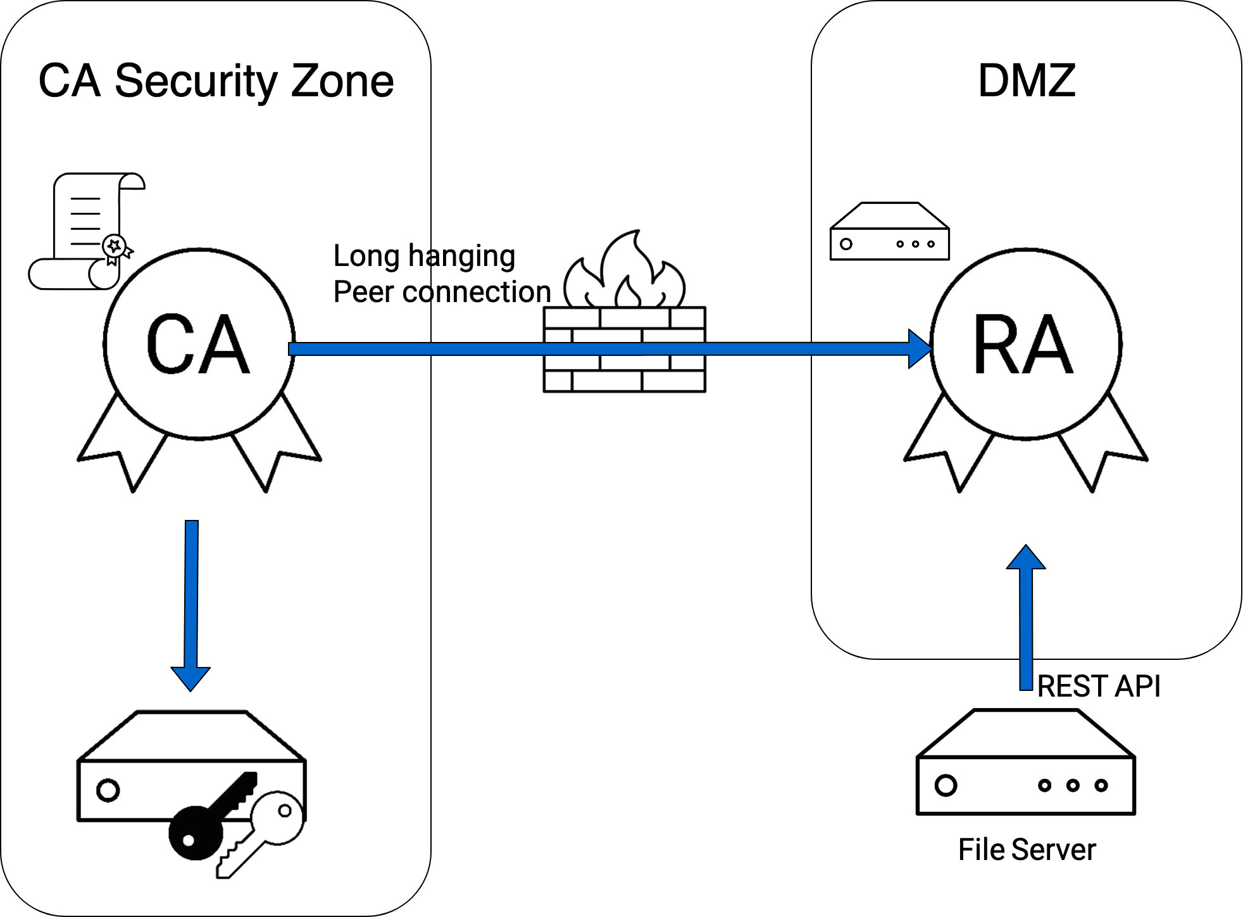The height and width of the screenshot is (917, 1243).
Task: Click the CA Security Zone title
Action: [x=216, y=82]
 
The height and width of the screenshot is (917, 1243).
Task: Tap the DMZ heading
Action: [x=1026, y=81]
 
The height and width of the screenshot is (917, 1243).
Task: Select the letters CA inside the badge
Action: [x=198, y=345]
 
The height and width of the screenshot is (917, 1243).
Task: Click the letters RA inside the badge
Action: [x=1023, y=345]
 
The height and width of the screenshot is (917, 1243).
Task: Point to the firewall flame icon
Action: [x=625, y=272]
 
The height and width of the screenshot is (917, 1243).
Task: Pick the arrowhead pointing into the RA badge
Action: [x=919, y=348]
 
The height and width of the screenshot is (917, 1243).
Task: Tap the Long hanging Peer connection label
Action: [x=441, y=274]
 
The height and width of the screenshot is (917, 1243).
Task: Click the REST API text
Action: [x=1099, y=686]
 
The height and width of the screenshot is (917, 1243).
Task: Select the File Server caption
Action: [x=1027, y=850]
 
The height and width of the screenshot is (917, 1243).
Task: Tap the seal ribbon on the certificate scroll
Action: [x=116, y=248]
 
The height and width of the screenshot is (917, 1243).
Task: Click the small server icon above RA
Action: [x=889, y=232]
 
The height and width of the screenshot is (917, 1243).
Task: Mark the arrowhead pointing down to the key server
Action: [x=191, y=678]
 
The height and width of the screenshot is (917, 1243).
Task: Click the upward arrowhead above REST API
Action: [x=1026, y=558]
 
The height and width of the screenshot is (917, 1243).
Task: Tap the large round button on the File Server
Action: [x=946, y=786]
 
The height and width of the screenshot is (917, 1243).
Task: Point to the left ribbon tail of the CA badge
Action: [x=123, y=450]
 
